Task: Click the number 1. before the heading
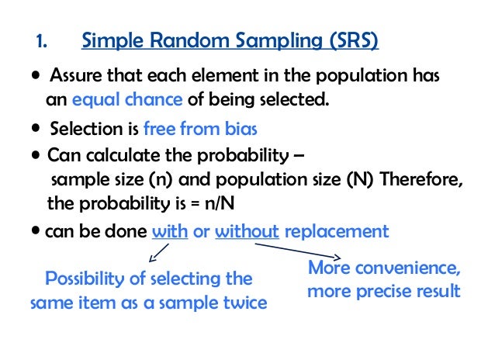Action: click(x=43, y=40)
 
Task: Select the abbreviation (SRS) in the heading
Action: click(x=347, y=40)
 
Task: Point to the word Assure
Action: click(x=73, y=78)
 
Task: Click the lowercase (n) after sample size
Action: click(x=169, y=181)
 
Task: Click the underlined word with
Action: click(x=171, y=231)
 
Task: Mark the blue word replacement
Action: click(x=337, y=231)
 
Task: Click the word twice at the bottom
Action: click(x=242, y=303)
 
